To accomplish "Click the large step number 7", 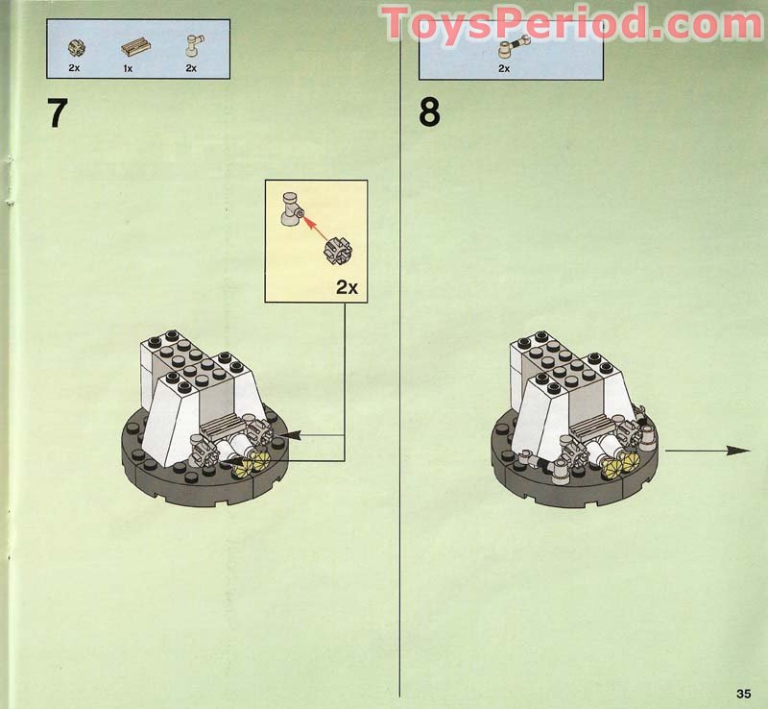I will pyautogui.click(x=58, y=112).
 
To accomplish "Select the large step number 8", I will pyautogui.click(x=429, y=112).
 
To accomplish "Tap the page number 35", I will pyautogui.click(x=743, y=694).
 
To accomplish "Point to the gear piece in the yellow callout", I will pyautogui.click(x=338, y=251).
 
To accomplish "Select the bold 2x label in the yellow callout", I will pyautogui.click(x=346, y=286).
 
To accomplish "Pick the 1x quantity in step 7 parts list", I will pyautogui.click(x=128, y=68).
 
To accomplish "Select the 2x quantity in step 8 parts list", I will pyautogui.click(x=503, y=69).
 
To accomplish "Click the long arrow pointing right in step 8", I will pyautogui.click(x=706, y=450).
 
